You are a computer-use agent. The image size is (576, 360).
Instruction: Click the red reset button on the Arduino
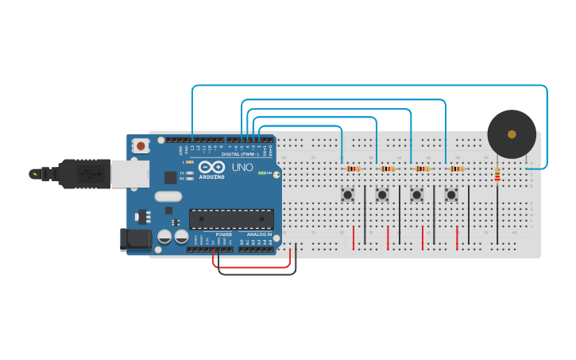[141, 145]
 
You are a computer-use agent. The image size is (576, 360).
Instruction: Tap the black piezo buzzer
[512, 134]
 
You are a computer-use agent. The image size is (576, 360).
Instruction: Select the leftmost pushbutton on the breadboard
[347, 194]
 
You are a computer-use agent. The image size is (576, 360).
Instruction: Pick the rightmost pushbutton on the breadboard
[451, 194]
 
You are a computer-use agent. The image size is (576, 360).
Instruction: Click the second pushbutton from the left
[382, 194]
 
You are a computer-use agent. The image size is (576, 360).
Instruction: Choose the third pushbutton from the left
[416, 194]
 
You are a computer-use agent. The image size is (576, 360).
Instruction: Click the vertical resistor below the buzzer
[497, 174]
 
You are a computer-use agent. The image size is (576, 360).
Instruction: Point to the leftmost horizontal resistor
[353, 168]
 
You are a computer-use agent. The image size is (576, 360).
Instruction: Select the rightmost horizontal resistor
[457, 168]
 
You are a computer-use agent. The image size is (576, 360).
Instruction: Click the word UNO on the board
[242, 167]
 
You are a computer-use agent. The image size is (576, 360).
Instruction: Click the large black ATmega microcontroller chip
[231, 219]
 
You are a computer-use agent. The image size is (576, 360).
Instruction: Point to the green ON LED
[261, 172]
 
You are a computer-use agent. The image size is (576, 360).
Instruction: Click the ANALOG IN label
[258, 235]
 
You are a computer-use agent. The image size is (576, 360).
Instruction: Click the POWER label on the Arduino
[223, 235]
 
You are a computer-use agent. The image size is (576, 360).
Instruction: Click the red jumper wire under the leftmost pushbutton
[354, 237]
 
